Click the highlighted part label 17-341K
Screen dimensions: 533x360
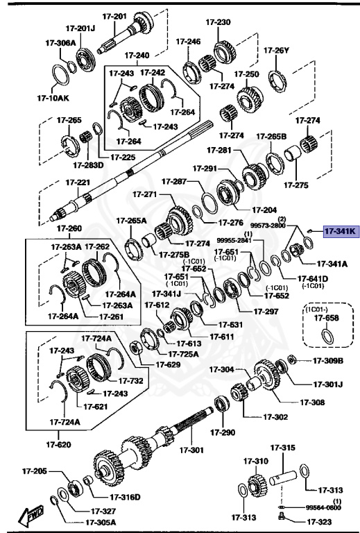(x=340, y=232)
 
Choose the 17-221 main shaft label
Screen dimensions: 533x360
(x=78, y=183)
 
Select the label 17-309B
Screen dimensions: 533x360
(x=328, y=360)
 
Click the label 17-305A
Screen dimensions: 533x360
(x=101, y=523)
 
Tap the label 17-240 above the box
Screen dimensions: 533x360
(x=137, y=56)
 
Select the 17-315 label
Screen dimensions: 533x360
(x=282, y=448)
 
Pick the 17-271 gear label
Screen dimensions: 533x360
(x=146, y=194)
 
